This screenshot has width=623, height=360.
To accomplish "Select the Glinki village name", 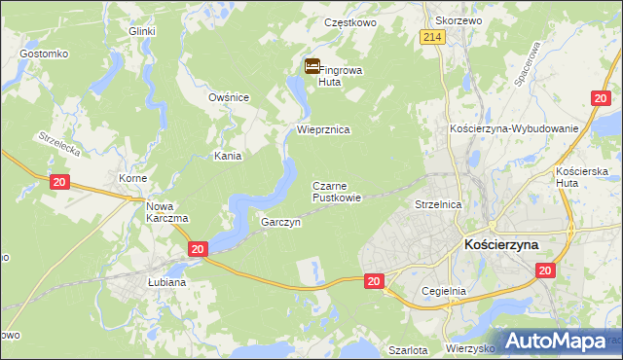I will coord(142,31).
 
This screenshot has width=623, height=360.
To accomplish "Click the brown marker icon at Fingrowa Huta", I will coord(311,67).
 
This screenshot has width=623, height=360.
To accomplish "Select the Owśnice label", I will coord(230,97).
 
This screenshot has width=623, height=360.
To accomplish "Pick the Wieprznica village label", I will coord(323,128).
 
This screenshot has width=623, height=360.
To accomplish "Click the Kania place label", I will coord(229,155).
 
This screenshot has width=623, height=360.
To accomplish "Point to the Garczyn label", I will coord(279,222).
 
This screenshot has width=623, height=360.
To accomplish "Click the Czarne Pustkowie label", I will coord(337,191).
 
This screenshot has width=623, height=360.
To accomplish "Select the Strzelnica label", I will coord(437,205).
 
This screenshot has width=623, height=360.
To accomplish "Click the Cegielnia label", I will coord(445,291).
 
